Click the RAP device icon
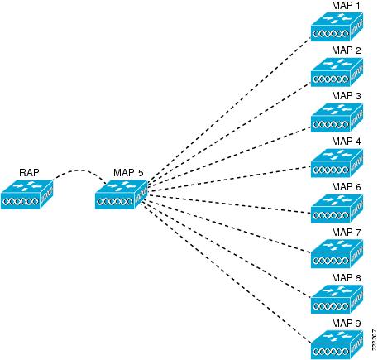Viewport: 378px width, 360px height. click(x=26, y=194)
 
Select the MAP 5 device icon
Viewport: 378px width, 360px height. click(x=121, y=194)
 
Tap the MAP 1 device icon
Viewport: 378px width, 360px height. click(x=337, y=26)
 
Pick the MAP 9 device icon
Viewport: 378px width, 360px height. click(x=337, y=344)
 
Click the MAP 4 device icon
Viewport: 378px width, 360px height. click(x=337, y=163)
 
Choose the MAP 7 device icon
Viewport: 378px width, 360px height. click(x=337, y=254)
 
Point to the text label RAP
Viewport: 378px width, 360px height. click(x=29, y=173)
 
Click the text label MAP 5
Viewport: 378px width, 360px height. click(x=128, y=173)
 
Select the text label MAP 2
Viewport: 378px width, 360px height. click(x=347, y=50)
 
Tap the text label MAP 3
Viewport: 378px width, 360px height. click(x=347, y=96)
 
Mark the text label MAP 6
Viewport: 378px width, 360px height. click(x=347, y=187)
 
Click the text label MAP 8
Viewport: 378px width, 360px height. click(x=347, y=277)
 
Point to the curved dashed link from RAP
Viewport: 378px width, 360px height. click(x=80, y=170)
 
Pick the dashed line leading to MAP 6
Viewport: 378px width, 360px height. click(x=229, y=204)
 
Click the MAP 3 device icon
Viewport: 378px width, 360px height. click(x=337, y=118)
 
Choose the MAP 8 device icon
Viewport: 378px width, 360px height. click(x=337, y=300)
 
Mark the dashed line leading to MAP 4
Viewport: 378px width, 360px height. click(x=229, y=178)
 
